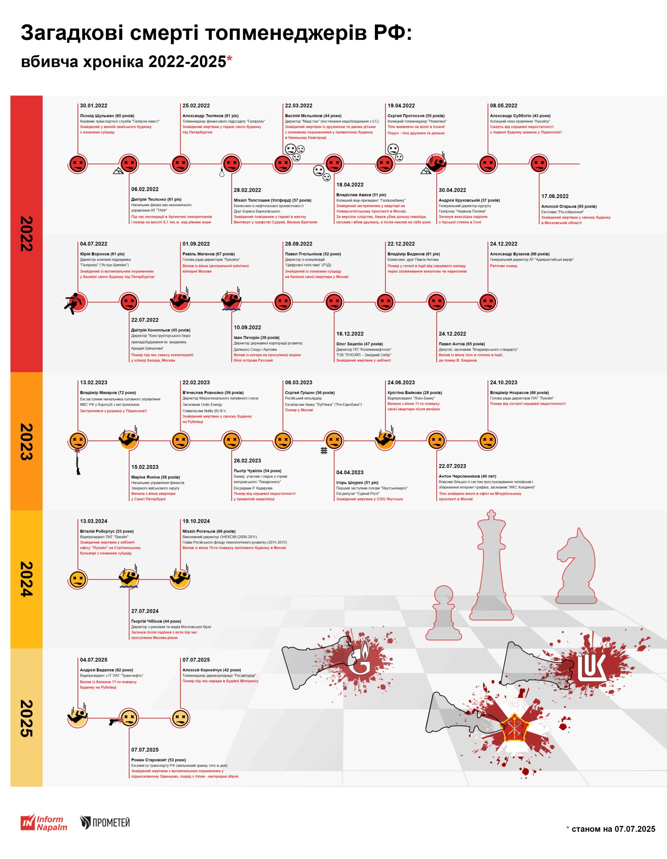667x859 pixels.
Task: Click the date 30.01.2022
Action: [93, 105]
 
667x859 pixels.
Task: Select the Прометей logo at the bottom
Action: [105, 822]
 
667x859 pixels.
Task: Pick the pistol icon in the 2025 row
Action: [114, 722]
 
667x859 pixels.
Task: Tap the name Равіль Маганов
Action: [208, 254]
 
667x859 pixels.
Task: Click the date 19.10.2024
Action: [196, 521]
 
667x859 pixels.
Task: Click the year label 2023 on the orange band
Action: [26, 441]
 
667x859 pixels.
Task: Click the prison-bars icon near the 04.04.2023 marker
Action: [324, 451]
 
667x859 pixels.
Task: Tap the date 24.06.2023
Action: [401, 382]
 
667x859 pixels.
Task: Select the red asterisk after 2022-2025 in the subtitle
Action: [229, 59]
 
